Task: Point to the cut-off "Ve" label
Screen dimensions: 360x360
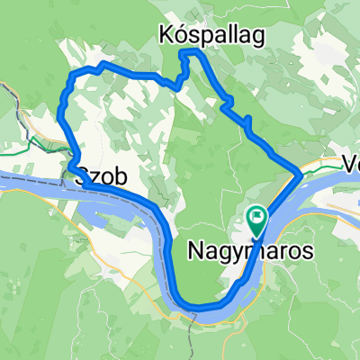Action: pyautogui.click(x=351, y=165)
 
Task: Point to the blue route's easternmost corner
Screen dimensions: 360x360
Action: pyautogui.click(x=301, y=170)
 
